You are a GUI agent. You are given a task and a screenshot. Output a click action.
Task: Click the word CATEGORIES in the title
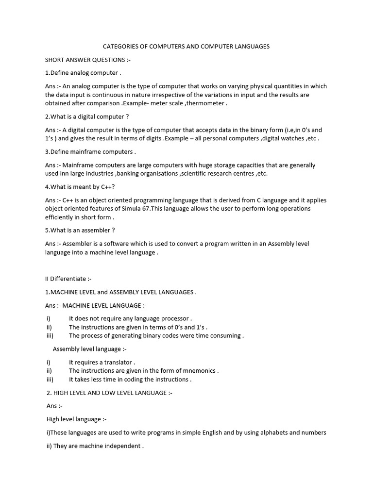(122, 47)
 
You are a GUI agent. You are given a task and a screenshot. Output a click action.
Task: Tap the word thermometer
(205, 103)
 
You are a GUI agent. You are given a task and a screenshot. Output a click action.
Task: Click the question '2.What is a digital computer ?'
(87, 117)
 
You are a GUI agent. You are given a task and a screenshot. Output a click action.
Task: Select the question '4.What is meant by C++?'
(80, 187)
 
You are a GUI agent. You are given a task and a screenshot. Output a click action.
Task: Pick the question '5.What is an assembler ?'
(80, 231)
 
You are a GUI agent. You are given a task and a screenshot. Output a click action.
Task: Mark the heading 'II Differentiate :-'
(68, 279)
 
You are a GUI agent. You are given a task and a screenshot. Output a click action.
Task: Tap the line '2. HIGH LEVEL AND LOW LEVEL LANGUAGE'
(109, 393)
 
